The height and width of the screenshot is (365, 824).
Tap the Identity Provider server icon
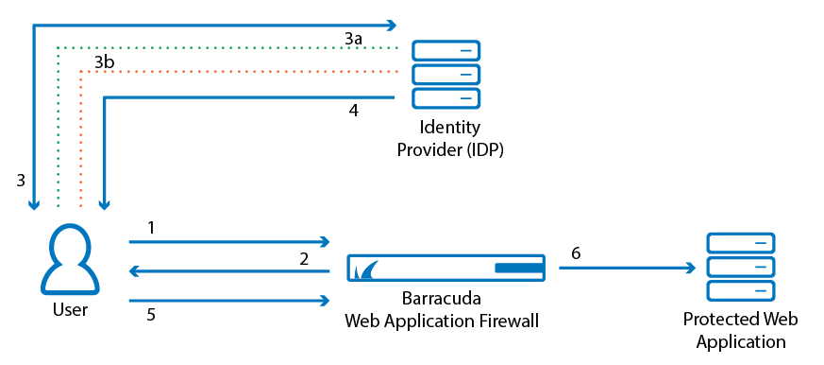(x=446, y=74)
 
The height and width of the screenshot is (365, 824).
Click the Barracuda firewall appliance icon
(x=446, y=269)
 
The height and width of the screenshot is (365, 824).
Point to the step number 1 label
(x=151, y=228)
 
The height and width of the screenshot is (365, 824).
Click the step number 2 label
(x=304, y=257)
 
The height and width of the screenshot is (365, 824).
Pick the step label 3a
(x=353, y=39)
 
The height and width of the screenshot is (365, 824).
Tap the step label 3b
(x=105, y=62)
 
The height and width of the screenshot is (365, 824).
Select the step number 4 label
(x=353, y=111)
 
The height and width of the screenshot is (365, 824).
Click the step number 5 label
(x=151, y=315)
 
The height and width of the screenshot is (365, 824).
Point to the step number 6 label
(x=576, y=253)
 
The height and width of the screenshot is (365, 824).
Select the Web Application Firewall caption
(x=442, y=321)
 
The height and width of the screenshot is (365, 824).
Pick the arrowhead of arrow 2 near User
(x=135, y=271)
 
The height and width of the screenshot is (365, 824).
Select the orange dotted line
(x=236, y=71)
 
